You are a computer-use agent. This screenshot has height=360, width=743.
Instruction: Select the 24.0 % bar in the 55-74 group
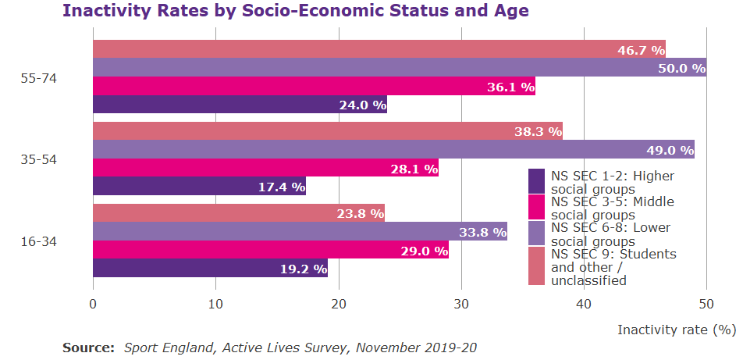[x=240, y=105]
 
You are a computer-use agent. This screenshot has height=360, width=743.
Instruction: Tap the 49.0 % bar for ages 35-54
[x=393, y=149]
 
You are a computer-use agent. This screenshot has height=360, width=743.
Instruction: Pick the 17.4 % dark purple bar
[x=199, y=186]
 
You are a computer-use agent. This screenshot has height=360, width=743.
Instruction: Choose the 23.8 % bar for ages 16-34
[x=239, y=213]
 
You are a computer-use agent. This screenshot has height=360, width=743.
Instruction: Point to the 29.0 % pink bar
[x=271, y=250]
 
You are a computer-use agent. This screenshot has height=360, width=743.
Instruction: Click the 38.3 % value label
[x=538, y=131]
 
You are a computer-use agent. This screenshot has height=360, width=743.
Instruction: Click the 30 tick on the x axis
[x=461, y=302]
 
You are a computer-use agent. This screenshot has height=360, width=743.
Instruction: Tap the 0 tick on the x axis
[x=94, y=302]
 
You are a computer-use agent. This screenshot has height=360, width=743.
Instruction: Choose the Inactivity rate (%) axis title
[x=677, y=330]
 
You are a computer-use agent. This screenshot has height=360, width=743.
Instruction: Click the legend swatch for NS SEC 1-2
[x=536, y=181]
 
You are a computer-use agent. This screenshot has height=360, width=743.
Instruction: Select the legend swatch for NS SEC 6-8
[x=536, y=233]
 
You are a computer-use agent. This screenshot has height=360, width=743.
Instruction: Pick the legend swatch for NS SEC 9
[x=536, y=266]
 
